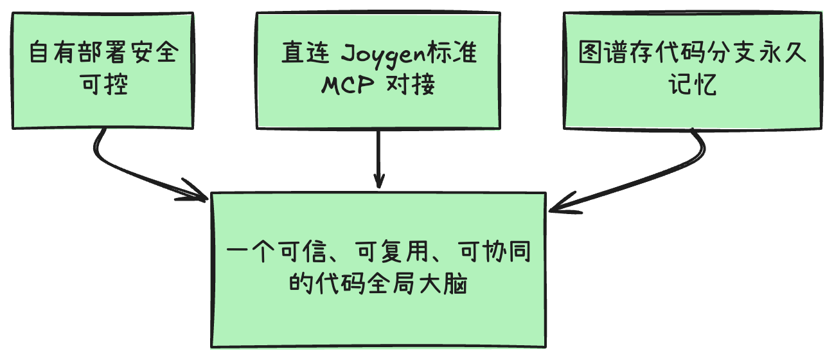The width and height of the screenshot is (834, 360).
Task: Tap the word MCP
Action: (x=348, y=85)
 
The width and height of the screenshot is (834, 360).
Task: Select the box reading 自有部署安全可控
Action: (x=103, y=71)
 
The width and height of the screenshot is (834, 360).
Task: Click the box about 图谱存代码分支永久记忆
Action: (x=693, y=71)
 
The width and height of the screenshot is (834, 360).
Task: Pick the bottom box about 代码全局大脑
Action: (x=378, y=270)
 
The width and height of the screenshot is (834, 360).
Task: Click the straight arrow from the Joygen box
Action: (x=378, y=159)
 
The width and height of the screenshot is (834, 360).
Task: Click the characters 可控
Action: (x=105, y=85)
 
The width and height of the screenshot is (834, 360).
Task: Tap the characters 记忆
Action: (x=693, y=85)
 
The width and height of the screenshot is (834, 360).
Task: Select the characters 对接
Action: (x=411, y=85)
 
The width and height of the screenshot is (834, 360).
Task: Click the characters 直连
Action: (x=305, y=53)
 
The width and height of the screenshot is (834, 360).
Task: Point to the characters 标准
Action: (x=452, y=53)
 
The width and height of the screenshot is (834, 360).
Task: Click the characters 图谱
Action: (x=603, y=52)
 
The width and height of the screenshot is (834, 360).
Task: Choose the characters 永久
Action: (x=782, y=52)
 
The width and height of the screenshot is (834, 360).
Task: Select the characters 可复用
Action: (x=392, y=251)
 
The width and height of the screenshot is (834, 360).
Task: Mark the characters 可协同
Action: (x=495, y=251)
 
